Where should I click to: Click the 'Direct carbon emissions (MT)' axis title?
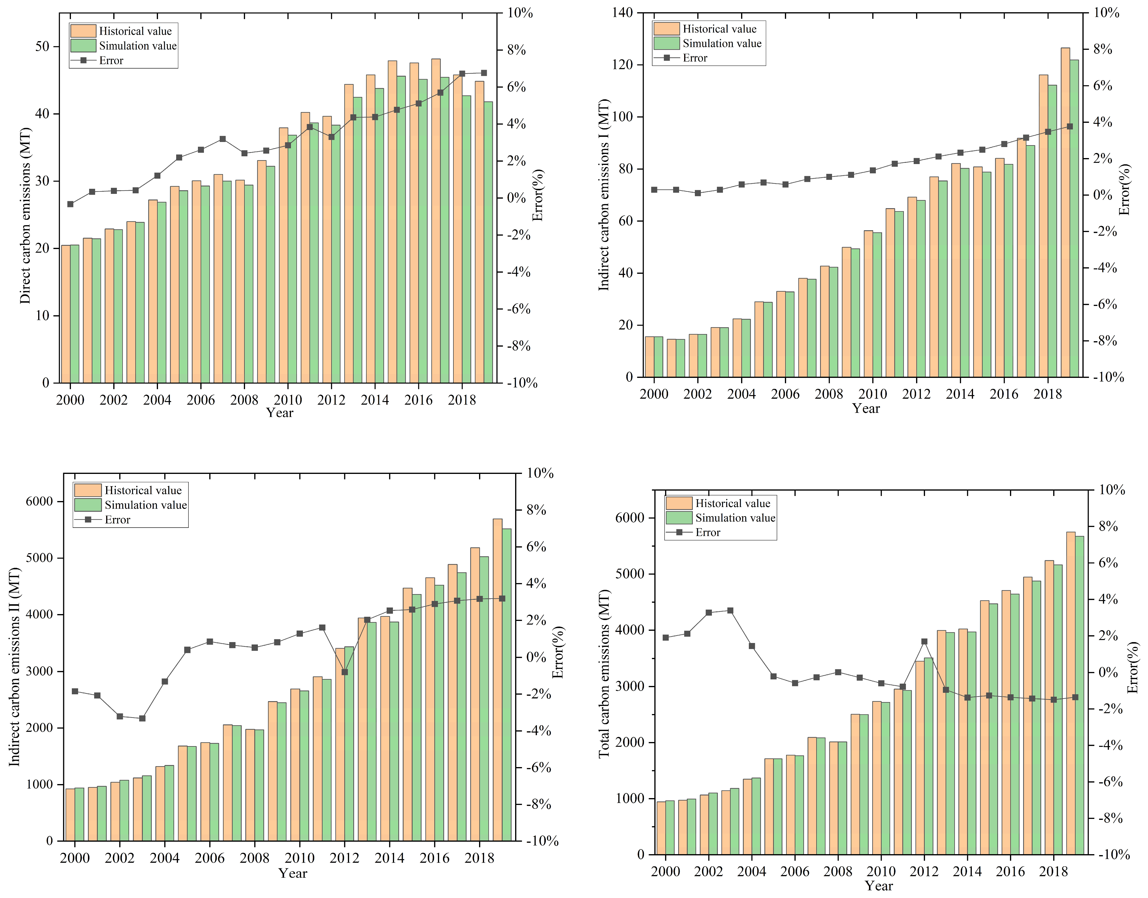[x=25, y=216]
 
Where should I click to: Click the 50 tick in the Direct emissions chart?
[x=42, y=47]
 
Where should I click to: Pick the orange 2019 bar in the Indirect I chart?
[x=1065, y=210]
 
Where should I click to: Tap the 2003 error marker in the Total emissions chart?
[x=730, y=610]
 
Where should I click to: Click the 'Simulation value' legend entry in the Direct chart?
[x=138, y=46]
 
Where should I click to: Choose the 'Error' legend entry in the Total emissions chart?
[x=707, y=532]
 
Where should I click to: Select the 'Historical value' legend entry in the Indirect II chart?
[x=143, y=490]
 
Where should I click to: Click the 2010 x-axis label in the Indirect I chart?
[x=873, y=394]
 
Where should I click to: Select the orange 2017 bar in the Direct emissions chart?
[x=436, y=221]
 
